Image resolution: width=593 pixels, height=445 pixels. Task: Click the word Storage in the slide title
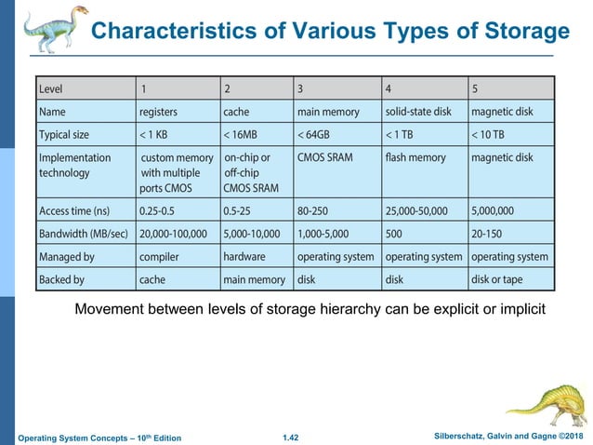coord(525,33)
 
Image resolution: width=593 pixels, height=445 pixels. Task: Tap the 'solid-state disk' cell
coord(417,112)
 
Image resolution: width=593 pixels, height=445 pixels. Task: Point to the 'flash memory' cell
coord(415,157)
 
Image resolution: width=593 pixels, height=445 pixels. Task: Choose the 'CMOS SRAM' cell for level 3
coord(324,157)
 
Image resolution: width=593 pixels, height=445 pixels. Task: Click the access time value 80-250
coord(317,209)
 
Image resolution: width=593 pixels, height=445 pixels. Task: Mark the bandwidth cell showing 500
coord(395,233)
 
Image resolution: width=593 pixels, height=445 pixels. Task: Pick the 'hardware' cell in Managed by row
coord(244,255)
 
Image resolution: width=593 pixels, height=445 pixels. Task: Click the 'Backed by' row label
coord(61,277)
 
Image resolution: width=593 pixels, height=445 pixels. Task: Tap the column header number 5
coord(474,89)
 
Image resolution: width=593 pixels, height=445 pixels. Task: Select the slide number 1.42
coord(296,437)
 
